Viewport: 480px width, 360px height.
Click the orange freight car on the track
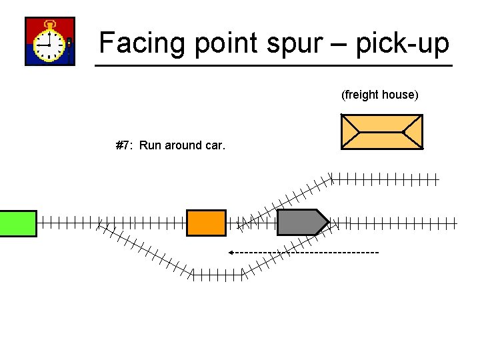point(206,223)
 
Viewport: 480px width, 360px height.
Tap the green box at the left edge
point(18,223)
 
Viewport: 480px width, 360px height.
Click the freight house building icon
point(381,131)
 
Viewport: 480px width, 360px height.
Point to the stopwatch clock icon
point(49,41)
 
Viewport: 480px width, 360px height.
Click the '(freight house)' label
point(380,95)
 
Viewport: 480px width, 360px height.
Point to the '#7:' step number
point(125,145)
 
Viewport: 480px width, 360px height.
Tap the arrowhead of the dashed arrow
point(230,253)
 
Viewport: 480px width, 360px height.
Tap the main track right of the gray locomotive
point(400,223)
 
